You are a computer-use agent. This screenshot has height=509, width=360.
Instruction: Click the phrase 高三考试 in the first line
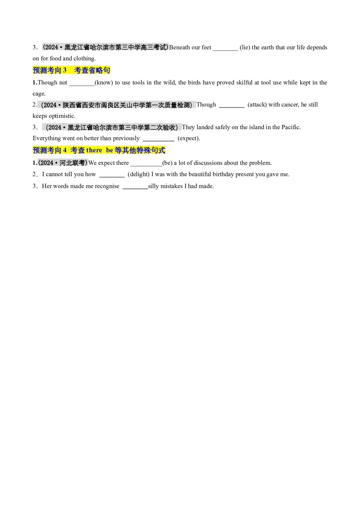154,47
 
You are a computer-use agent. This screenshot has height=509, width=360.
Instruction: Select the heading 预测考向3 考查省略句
72,70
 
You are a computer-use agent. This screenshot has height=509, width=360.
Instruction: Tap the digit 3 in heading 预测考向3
65,70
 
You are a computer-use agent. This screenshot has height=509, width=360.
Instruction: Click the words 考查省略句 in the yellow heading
92,70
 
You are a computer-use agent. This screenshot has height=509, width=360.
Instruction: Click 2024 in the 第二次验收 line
54,128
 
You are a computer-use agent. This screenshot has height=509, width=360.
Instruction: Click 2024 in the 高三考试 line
50,47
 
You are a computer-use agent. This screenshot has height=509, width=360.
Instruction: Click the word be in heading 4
110,151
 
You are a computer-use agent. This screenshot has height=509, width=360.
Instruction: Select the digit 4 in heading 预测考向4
65,151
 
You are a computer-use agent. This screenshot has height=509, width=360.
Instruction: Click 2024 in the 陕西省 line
49,105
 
